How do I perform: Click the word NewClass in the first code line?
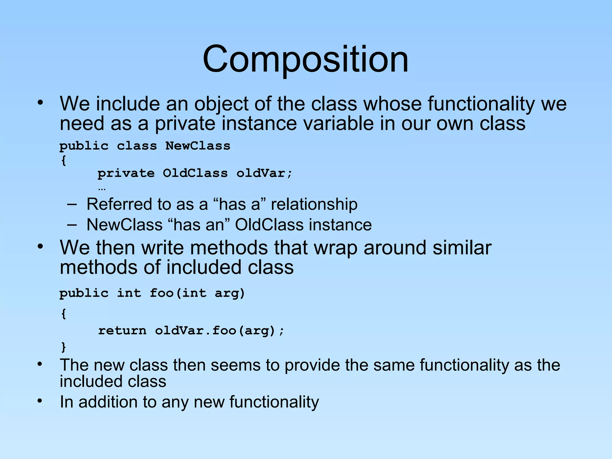[x=198, y=146]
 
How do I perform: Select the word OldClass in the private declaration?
[x=195, y=173]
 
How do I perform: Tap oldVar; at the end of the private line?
[x=264, y=173]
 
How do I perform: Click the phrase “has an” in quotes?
[x=199, y=225]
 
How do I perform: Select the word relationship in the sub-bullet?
[x=314, y=204]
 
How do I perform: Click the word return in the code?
[x=122, y=331]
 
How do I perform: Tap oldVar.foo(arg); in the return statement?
[x=219, y=331]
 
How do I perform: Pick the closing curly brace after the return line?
[x=63, y=347]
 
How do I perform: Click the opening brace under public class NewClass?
[x=63, y=160]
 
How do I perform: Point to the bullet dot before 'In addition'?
[x=40, y=401]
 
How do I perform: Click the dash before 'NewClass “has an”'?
[x=72, y=225]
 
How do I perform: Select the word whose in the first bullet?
[x=392, y=104]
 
